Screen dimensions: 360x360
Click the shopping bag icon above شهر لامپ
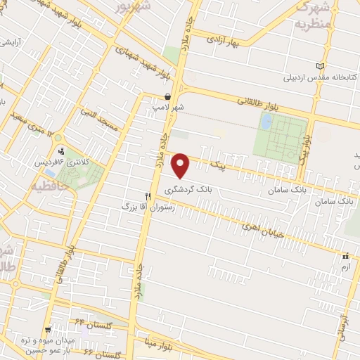click(167, 96)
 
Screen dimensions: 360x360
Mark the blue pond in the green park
click(266, 121)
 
